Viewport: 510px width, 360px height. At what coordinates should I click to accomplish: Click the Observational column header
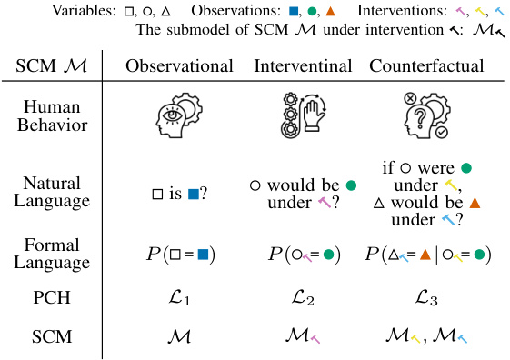179,66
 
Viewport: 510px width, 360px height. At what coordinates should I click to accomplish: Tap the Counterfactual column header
426,66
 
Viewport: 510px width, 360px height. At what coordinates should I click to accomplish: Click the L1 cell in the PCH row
178,296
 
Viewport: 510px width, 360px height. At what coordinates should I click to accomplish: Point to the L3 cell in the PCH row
425,296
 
